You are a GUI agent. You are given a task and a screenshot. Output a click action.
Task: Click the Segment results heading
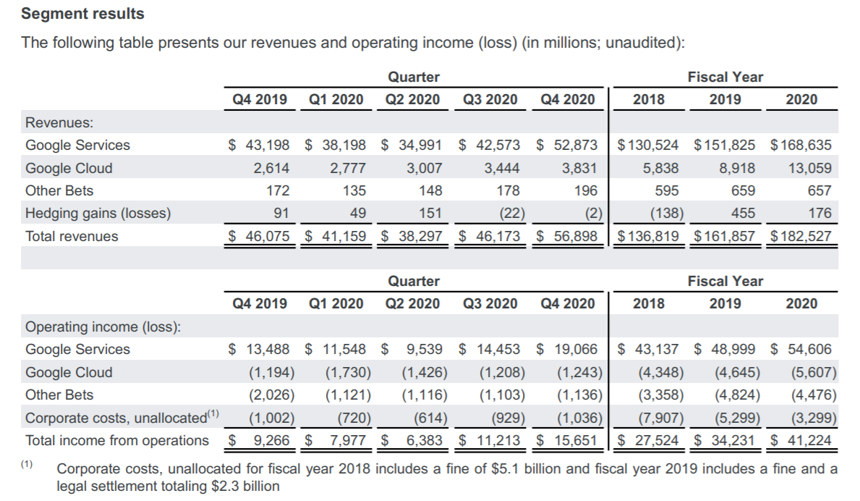(83, 14)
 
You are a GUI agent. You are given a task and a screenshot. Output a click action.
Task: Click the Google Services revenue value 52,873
(576, 145)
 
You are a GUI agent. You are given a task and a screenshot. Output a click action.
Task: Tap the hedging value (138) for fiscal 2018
(663, 213)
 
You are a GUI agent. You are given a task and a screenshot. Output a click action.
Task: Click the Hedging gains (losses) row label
(98, 213)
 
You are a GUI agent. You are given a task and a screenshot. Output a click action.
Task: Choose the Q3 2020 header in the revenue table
(490, 99)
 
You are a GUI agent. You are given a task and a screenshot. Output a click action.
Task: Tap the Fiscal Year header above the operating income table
(725, 280)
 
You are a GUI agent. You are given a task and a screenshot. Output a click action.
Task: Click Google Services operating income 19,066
(576, 349)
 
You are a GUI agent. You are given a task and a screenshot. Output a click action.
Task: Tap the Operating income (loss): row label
(103, 327)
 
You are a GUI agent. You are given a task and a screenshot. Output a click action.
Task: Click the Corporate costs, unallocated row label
(116, 418)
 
